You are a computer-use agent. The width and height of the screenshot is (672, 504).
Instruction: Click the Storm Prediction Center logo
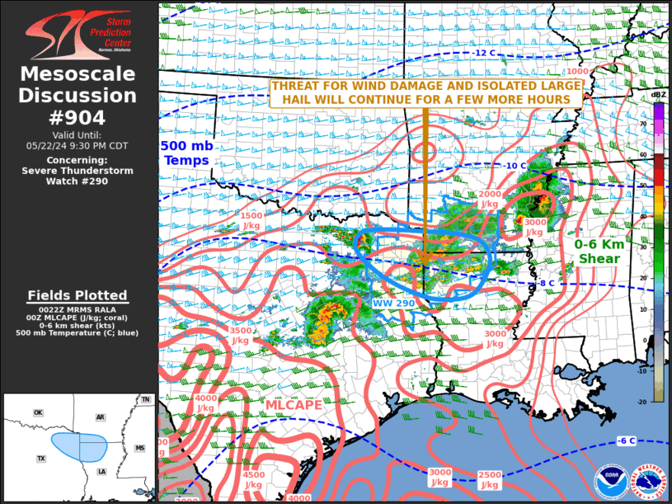78,35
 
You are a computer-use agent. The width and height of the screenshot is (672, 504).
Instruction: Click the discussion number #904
78,117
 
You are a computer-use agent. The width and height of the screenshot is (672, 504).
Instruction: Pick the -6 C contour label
626,440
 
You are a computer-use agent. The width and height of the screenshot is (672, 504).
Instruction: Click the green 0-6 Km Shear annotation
599,252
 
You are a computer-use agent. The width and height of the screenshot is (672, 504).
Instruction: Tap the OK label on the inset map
38,412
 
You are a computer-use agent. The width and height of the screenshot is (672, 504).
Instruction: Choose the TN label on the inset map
145,399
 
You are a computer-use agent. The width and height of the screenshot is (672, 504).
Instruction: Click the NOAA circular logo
609,481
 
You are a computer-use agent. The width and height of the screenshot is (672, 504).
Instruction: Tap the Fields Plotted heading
78,295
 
